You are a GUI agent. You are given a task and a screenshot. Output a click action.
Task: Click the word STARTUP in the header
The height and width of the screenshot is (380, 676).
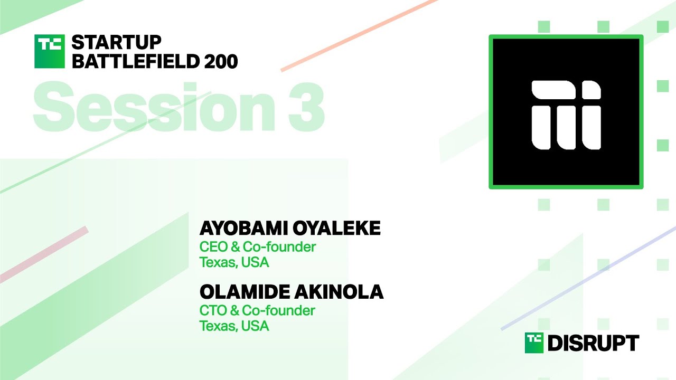click(116, 43)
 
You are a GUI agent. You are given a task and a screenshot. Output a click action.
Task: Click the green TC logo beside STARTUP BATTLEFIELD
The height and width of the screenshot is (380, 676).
click(49, 51)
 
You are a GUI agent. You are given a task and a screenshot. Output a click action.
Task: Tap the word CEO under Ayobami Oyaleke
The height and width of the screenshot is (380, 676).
click(211, 246)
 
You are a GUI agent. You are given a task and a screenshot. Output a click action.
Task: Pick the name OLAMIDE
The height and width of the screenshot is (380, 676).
click(240, 292)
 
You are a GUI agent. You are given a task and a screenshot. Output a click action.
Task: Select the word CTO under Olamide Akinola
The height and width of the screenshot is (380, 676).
click(211, 310)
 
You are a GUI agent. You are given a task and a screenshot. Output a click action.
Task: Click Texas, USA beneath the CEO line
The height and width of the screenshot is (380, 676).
click(234, 262)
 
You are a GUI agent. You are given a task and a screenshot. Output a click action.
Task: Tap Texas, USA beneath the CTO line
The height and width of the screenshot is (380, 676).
click(234, 326)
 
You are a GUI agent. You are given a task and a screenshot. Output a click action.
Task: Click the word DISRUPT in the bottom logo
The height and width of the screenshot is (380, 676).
click(593, 344)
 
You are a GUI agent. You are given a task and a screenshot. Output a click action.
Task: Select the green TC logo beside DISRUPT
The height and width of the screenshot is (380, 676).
click(534, 343)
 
